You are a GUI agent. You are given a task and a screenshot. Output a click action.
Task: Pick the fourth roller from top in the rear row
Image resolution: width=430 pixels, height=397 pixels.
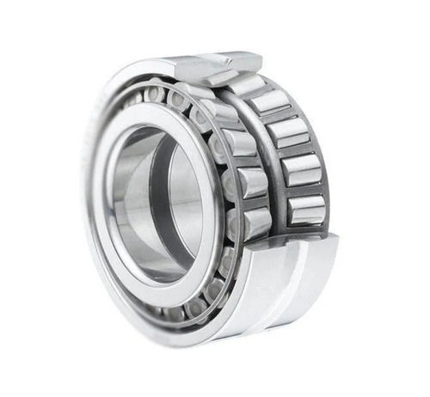300,168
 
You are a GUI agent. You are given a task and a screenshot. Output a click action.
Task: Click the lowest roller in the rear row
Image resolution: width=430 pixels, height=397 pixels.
306,209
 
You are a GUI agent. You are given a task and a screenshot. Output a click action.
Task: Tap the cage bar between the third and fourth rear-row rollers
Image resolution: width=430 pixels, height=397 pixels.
294,150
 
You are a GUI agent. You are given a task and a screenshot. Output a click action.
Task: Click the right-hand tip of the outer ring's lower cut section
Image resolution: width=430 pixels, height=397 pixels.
336,239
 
